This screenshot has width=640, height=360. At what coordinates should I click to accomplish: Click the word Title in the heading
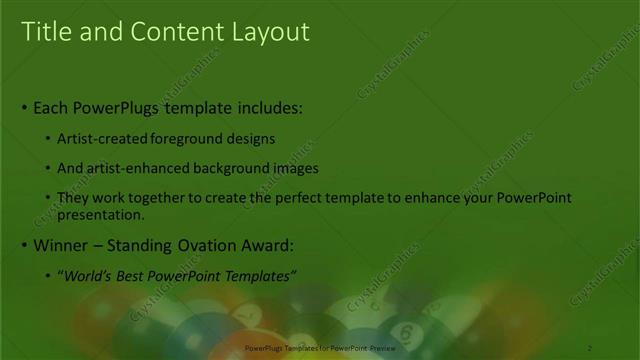pyautogui.click(x=44, y=32)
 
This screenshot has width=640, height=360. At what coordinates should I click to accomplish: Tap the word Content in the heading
pyautogui.click(x=165, y=32)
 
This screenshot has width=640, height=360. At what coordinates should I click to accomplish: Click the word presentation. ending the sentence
pyautogui.click(x=101, y=214)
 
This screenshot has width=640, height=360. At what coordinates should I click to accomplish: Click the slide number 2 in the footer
pyautogui.click(x=590, y=347)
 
